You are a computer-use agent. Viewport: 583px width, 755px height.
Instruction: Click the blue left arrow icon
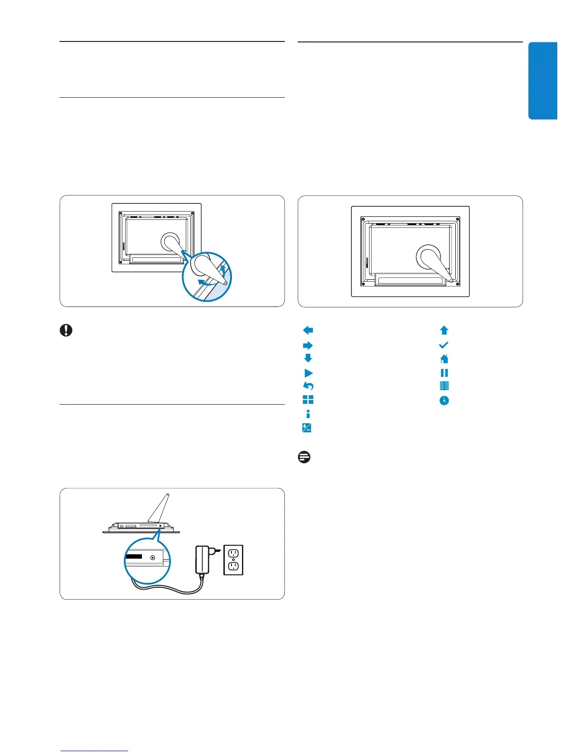308,330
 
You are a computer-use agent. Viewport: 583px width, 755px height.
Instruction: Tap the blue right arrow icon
308,346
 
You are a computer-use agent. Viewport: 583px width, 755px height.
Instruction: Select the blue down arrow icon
308,358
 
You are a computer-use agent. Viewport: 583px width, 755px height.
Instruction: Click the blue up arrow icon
444,330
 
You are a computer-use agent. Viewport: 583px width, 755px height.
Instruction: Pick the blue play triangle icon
309,373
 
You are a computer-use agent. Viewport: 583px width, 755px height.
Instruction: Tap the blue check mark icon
444,345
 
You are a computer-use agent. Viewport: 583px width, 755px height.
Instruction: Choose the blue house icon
444,359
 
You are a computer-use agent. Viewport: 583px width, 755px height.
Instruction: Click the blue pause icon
444,373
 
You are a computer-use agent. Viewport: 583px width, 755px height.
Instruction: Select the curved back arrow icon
308,386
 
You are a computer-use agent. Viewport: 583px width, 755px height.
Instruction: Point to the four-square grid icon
308,400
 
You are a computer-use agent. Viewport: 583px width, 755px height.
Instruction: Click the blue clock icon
444,400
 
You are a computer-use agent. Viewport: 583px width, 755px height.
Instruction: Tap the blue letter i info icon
308,414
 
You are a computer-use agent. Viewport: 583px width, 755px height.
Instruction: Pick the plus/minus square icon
307,428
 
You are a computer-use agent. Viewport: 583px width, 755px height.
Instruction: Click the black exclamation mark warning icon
66,330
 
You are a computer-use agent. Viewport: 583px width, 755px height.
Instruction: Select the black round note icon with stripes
304,457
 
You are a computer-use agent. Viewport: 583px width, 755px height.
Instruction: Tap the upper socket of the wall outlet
233,553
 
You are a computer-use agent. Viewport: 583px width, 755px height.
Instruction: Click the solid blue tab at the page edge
543,81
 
